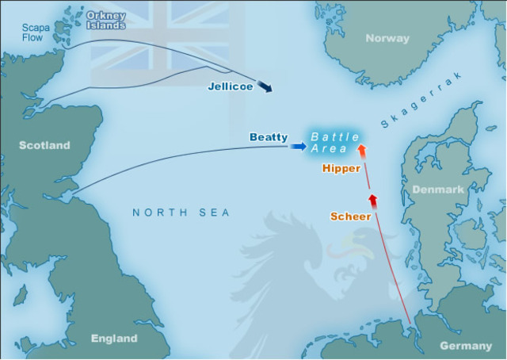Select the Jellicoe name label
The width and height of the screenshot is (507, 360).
(231, 86)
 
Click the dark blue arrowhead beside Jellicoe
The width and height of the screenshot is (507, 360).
(266, 86)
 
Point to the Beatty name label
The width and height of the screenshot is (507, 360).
(269, 137)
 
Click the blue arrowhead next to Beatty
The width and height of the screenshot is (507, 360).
(299, 146)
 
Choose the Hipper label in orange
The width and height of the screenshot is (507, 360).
(341, 168)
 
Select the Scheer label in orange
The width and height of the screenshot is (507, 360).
(350, 216)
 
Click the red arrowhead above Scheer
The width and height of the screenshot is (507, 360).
(372, 198)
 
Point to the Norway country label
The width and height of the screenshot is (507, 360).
(387, 38)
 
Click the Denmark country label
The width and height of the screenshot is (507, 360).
(437, 190)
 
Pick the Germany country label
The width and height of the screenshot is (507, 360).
(465, 346)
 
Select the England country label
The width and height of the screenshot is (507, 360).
(114, 339)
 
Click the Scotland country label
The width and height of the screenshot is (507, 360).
(44, 145)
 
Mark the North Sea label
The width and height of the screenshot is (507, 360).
(181, 213)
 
